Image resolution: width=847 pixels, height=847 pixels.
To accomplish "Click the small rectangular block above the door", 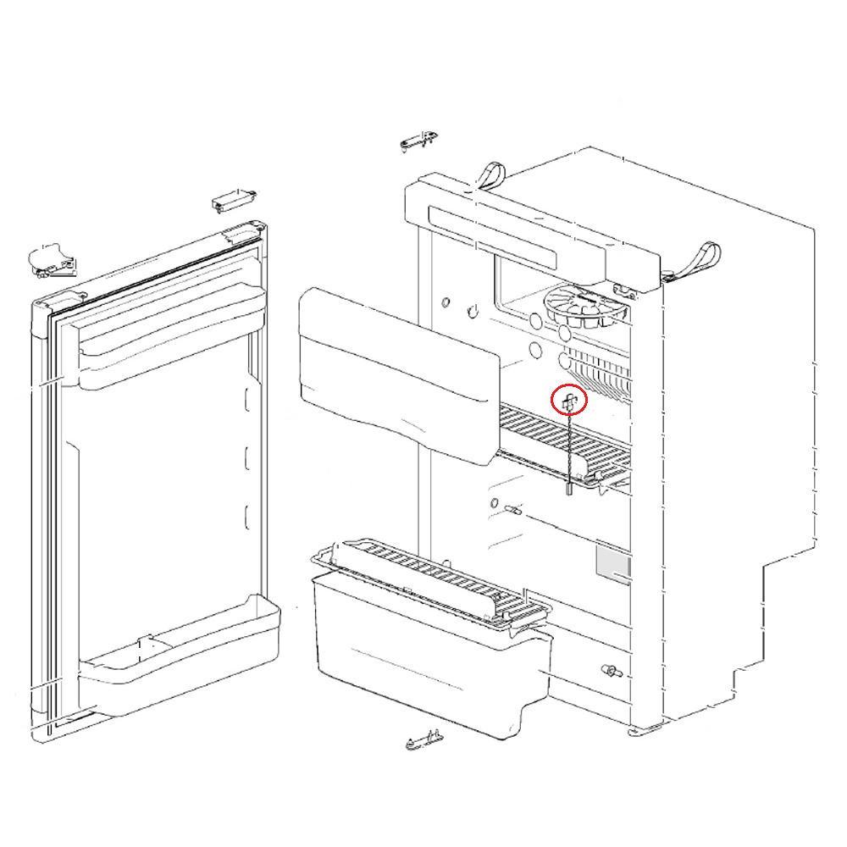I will coord(231,202).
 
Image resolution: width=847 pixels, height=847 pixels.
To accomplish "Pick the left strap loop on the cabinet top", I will coord(490,175).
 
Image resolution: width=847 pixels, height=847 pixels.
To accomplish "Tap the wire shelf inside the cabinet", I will coord(563,440).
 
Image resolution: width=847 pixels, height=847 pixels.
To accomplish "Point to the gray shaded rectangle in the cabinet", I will coord(613,562).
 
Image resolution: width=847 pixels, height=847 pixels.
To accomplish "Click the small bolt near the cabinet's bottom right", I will coord(611,672).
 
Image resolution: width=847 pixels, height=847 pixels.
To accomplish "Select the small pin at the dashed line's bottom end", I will coord(568,488).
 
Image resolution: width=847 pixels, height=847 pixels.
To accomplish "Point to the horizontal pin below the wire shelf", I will coord(512,510).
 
